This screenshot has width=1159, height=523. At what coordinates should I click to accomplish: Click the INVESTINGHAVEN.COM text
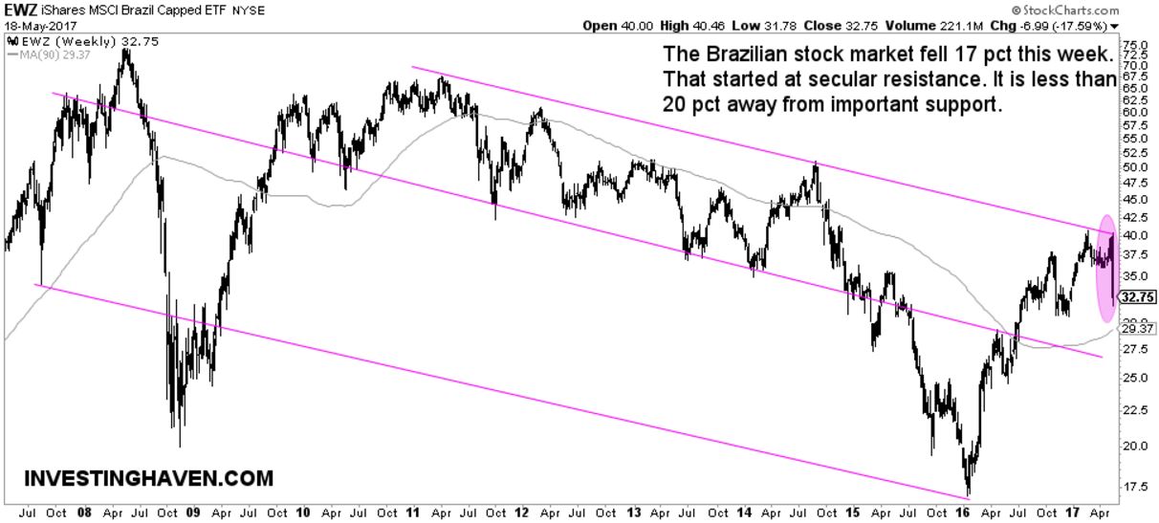(147, 478)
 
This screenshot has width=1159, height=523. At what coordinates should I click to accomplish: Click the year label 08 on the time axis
(85, 512)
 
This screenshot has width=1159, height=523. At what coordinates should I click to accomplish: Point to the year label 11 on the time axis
(413, 512)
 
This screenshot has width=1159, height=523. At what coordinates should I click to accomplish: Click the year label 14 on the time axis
(743, 512)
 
